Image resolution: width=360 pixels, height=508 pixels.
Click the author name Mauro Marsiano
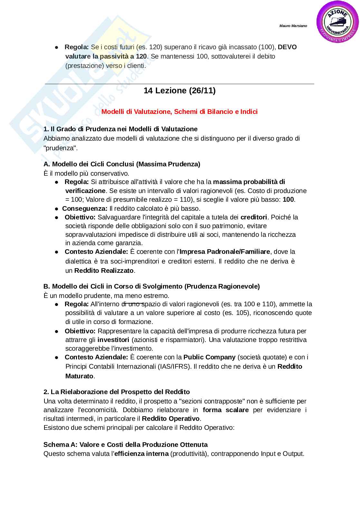coord(293,26)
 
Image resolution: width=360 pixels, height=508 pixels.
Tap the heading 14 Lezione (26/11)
coord(179,91)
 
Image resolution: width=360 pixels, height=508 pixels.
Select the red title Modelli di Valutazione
coord(179,112)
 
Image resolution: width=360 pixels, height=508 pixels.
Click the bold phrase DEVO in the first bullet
coord(287,47)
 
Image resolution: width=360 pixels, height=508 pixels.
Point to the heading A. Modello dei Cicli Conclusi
coord(122,164)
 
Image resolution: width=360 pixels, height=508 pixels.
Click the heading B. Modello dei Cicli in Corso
coord(151,286)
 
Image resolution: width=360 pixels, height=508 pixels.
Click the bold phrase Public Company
coord(209,357)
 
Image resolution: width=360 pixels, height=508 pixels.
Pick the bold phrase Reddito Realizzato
coord(104,271)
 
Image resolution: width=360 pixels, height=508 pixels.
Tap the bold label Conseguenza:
coord(85,208)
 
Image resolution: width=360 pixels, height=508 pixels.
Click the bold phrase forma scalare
coord(225,410)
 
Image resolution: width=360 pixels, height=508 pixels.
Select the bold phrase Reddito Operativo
coord(171,419)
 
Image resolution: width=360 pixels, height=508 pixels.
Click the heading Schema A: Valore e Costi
coord(125,445)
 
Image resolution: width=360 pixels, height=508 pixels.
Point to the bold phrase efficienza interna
coord(141,454)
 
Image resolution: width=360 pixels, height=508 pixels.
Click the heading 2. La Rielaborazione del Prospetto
coord(117,392)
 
